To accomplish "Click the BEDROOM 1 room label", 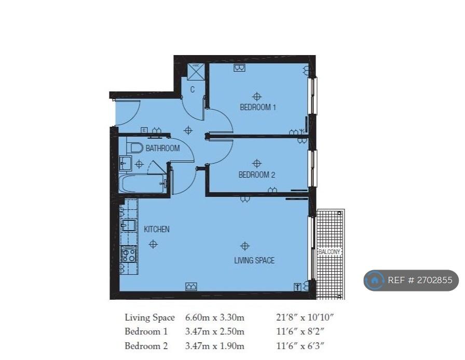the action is click(x=258, y=107).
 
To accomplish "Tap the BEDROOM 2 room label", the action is click(x=257, y=175).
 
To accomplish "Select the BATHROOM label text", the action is click(x=162, y=148).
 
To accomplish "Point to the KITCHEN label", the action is click(x=157, y=229).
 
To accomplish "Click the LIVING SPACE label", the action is click(x=254, y=260).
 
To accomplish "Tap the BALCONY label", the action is click(x=329, y=251).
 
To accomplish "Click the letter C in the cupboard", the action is click(x=193, y=89).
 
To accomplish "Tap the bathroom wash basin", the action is click(x=125, y=163).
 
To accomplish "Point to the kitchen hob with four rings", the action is click(x=128, y=255).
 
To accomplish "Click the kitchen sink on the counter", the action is click(x=129, y=225).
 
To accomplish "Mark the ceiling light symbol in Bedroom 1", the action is click(x=257, y=97).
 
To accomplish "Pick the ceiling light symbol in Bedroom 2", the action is click(x=257, y=164).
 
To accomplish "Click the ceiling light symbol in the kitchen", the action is click(x=153, y=244).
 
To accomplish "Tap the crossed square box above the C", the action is click(x=196, y=72).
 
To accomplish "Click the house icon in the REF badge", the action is click(x=375, y=280).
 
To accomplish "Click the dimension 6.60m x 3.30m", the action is click(x=215, y=317).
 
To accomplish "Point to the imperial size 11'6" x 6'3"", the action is click(x=300, y=346).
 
